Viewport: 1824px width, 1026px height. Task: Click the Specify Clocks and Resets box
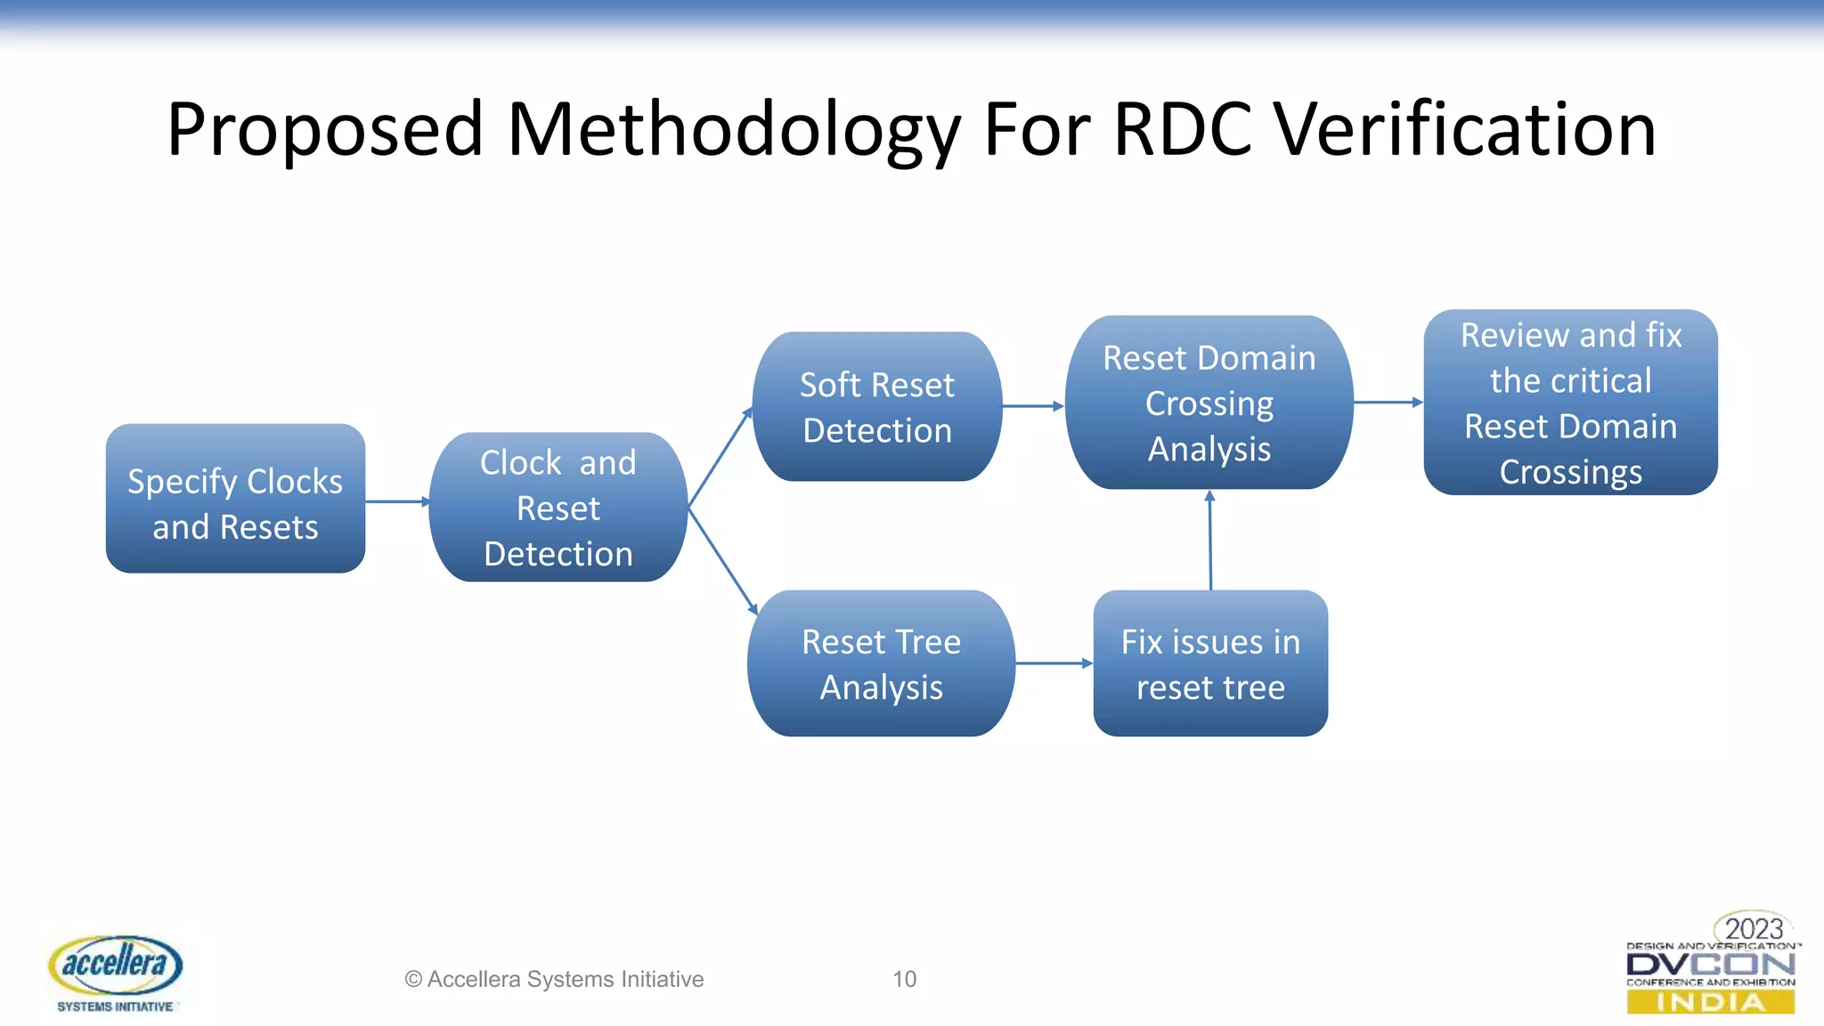pos(235,499)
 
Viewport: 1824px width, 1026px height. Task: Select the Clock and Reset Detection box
pos(558,508)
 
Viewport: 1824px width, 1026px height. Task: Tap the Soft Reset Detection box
pos(877,407)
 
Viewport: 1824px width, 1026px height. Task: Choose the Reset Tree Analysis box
pos(881,664)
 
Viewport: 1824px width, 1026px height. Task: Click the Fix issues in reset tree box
pos(1210,664)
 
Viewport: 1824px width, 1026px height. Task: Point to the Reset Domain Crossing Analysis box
pos(1209,403)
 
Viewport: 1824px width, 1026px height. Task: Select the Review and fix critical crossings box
pos(1570,403)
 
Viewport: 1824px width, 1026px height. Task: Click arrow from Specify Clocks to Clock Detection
pos(397,501)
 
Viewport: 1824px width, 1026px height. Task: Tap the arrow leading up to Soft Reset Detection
pos(720,459)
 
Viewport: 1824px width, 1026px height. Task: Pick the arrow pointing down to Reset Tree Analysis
pos(722,561)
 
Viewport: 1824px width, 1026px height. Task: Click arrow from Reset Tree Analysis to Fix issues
pos(1054,664)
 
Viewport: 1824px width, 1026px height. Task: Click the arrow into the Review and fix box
pos(1388,403)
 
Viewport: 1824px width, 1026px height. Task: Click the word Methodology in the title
pos(734,130)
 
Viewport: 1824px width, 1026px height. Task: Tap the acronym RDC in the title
pos(1184,130)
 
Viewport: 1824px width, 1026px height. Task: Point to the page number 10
pos(904,979)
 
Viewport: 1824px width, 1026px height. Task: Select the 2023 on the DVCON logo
pos(1753,929)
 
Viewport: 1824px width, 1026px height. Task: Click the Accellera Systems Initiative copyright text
pos(554,979)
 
